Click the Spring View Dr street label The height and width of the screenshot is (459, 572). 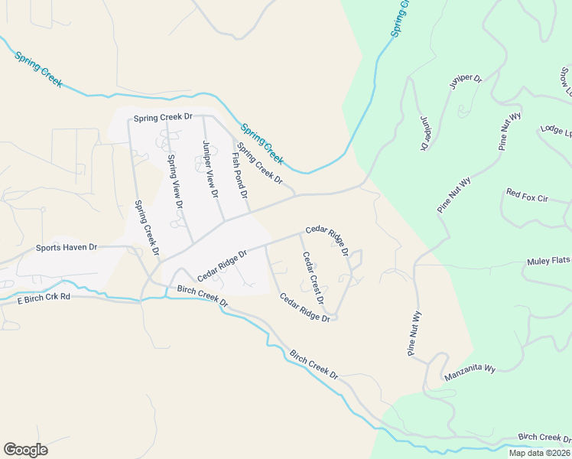pos(174,182)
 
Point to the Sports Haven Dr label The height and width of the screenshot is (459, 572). pos(67,248)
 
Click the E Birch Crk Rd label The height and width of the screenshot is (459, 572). pos(44,296)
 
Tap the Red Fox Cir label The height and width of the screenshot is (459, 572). pos(528,198)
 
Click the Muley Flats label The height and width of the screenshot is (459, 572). pos(549,262)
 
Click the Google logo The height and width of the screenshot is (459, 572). pos(25,450)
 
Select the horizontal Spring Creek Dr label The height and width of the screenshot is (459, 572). pos(162,119)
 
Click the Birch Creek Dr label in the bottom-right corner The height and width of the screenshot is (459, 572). pos(544,438)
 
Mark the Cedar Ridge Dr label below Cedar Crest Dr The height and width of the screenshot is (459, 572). pos(304,308)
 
